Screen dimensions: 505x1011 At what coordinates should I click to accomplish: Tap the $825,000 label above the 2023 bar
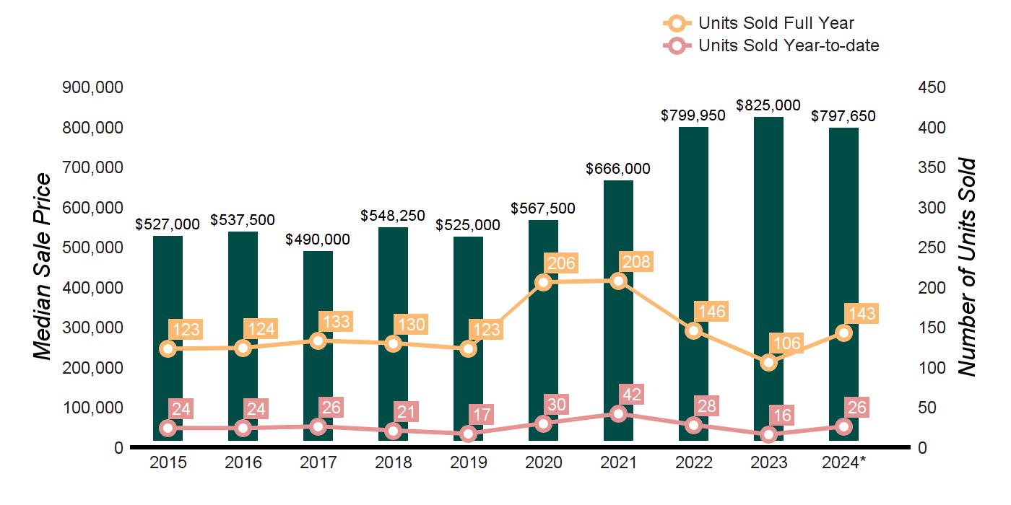pyautogui.click(x=768, y=105)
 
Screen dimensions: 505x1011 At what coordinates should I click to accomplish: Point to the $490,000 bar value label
pyautogui.click(x=318, y=240)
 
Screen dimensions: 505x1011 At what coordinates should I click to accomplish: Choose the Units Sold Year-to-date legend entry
pyautogui.click(x=773, y=46)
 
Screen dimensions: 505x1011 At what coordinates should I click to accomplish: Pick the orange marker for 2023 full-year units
pyautogui.click(x=769, y=362)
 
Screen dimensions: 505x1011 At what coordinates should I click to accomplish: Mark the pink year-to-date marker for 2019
pyautogui.click(x=469, y=434)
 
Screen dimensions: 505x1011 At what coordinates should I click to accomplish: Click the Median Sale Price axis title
pyautogui.click(x=43, y=267)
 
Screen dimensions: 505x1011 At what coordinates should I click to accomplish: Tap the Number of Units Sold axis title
pyautogui.click(x=966, y=267)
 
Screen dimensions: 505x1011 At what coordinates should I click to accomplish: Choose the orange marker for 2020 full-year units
pyautogui.click(x=544, y=282)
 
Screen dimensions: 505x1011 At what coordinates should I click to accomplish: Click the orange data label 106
pyautogui.click(x=786, y=343)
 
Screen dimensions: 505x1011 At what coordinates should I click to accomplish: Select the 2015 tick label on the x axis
pyautogui.click(x=168, y=462)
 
